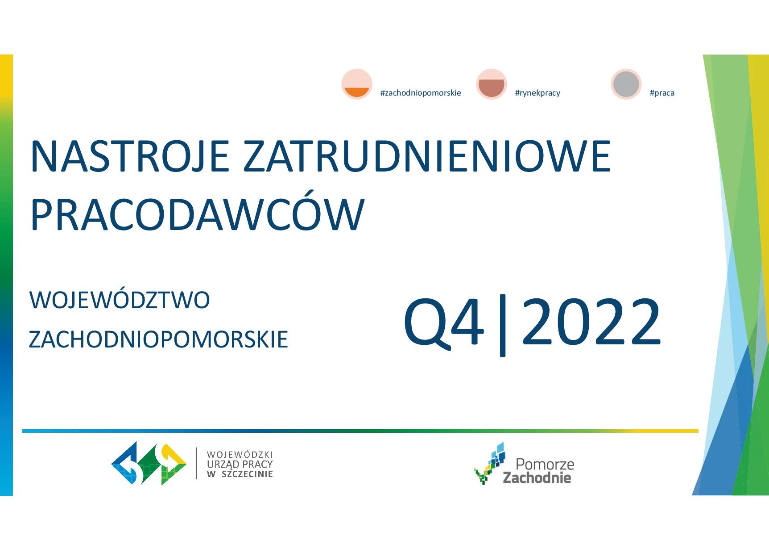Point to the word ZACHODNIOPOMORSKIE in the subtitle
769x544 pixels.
point(158,339)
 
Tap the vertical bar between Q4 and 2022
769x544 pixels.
point(503,325)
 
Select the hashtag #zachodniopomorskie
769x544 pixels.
point(421,93)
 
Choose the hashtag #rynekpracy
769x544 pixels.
point(537,93)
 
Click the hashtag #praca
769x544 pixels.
point(662,93)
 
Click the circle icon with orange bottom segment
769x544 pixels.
point(357,84)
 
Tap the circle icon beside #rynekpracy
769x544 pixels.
point(492,84)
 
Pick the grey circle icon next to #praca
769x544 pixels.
point(626,84)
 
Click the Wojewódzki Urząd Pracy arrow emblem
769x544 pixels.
point(149,464)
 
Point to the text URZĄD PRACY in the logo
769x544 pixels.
point(240,464)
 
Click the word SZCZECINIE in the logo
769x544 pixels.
point(247,474)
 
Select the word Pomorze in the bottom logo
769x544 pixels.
point(545,464)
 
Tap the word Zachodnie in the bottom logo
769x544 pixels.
point(537,478)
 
